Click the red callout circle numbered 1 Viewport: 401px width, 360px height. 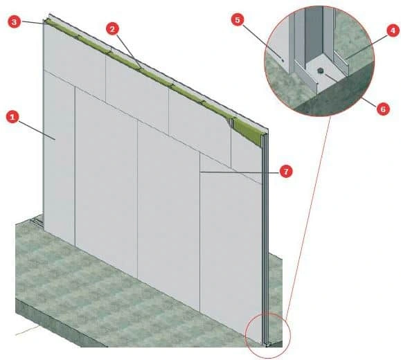12,116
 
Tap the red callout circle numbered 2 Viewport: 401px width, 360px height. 112,28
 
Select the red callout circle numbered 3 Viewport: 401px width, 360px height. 14,21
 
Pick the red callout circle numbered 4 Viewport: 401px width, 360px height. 393,30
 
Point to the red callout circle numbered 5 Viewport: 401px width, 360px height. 238,20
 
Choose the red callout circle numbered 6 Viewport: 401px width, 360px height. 383,109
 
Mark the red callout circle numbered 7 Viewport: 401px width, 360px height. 286,171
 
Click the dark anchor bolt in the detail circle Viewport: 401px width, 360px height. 319,71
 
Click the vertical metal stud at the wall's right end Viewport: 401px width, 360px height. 265,237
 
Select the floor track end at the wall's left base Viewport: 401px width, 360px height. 37,221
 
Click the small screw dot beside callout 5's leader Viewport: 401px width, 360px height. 283,61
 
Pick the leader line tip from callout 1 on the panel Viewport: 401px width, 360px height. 55,139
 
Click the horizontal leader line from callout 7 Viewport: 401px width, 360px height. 240,172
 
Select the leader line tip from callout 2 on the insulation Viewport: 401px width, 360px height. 140,68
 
